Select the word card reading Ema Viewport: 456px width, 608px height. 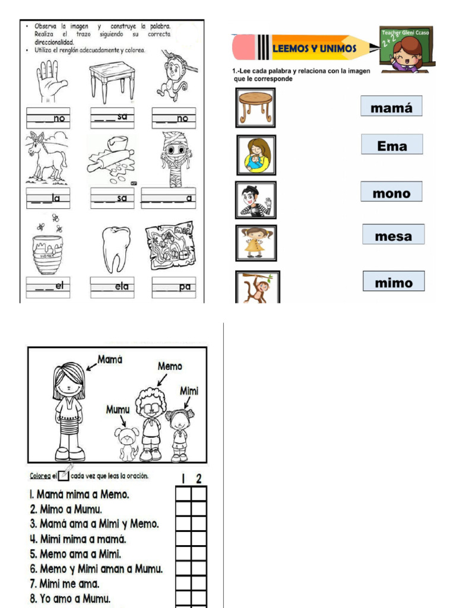pyautogui.click(x=392, y=145)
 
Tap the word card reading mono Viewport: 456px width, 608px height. pyautogui.click(x=391, y=192)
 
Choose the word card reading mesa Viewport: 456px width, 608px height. pyautogui.click(x=393, y=235)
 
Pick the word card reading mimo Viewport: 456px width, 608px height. pyautogui.click(x=393, y=282)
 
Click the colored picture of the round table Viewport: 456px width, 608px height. pyautogui.click(x=255, y=107)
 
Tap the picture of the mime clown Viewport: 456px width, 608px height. pyautogui.click(x=255, y=200)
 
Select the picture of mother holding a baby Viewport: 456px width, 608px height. pyautogui.click(x=256, y=154)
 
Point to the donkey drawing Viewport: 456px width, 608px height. pyautogui.click(x=47, y=157)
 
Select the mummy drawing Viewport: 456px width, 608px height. pyautogui.click(x=175, y=158)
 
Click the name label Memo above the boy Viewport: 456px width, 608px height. pyautogui.click(x=170, y=366)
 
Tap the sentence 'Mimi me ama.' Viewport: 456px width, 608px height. pyautogui.click(x=69, y=584)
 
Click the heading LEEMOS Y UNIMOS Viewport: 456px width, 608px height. pyautogui.click(x=314, y=49)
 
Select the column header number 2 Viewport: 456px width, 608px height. pyautogui.click(x=199, y=478)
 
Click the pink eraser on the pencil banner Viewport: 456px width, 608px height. pyautogui.click(x=243, y=47)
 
